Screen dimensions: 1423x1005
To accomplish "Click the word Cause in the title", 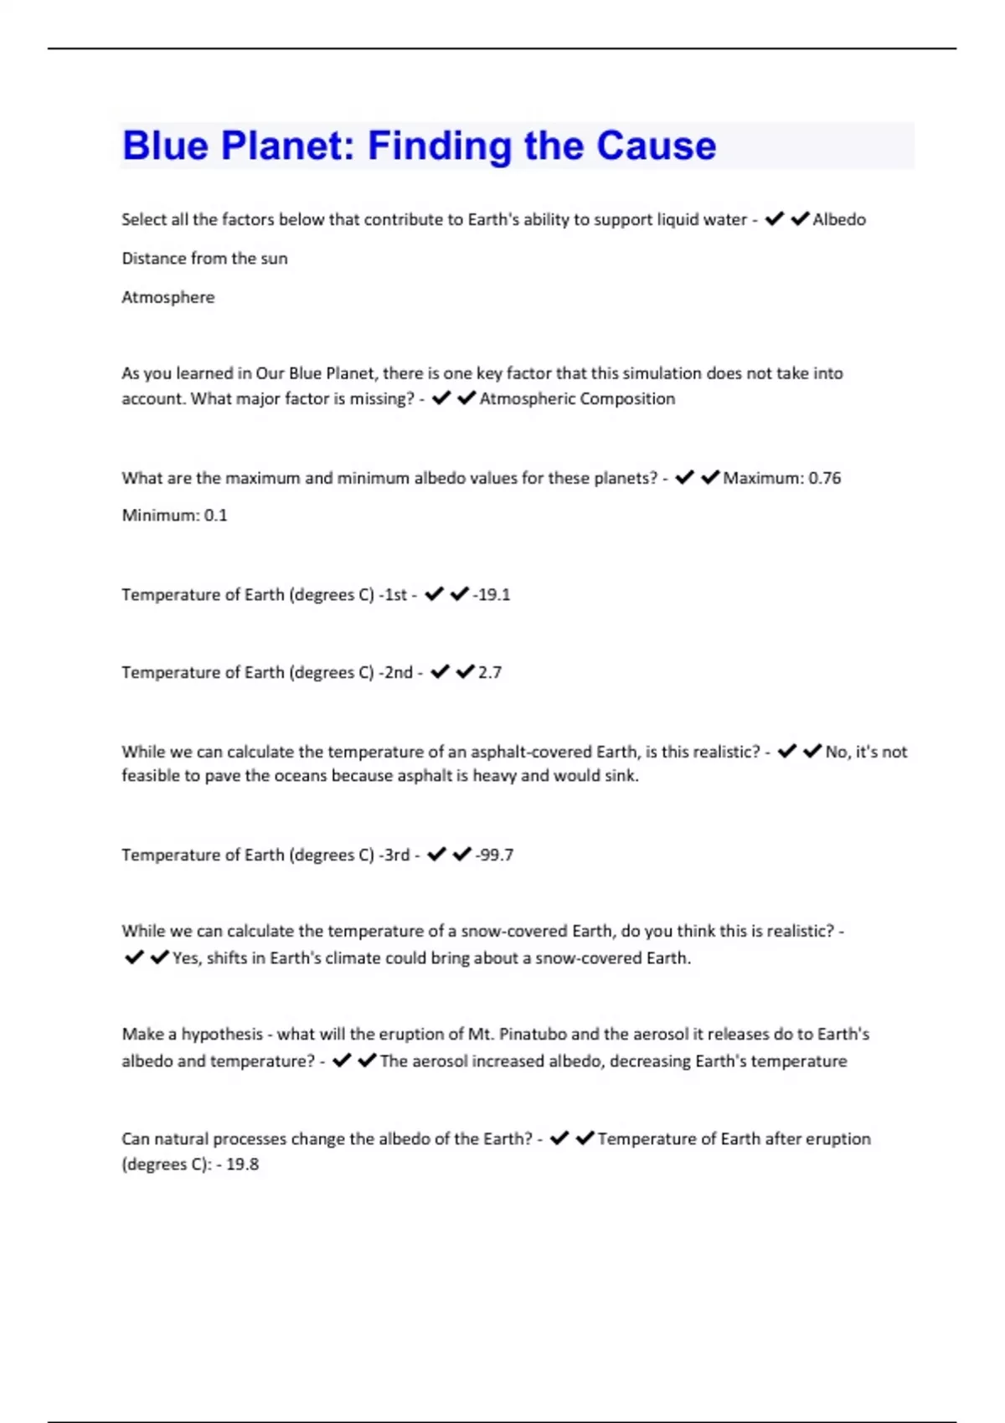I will (x=657, y=146).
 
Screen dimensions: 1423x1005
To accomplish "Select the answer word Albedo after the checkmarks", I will (x=839, y=219).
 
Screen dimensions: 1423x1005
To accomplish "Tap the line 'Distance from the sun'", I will (x=204, y=259).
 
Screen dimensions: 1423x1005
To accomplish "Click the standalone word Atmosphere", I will (x=168, y=297).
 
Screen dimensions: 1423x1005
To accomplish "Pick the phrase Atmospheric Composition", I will (x=577, y=398).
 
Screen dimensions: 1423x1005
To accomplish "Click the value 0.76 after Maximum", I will (x=824, y=478).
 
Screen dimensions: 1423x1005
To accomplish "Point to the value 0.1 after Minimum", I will (x=215, y=516).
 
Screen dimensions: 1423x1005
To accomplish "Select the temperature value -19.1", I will (x=492, y=594).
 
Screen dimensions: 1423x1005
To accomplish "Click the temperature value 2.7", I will (x=490, y=672).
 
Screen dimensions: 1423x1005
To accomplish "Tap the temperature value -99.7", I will (x=494, y=855).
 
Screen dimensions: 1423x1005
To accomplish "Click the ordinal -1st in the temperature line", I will (x=393, y=594).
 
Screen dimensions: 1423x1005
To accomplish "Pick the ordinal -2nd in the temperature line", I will (x=395, y=672).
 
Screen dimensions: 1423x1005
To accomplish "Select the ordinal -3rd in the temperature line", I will (x=394, y=855).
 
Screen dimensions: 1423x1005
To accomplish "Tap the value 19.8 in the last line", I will (x=242, y=1164).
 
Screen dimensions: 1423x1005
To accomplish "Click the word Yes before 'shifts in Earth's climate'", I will (x=186, y=958).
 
